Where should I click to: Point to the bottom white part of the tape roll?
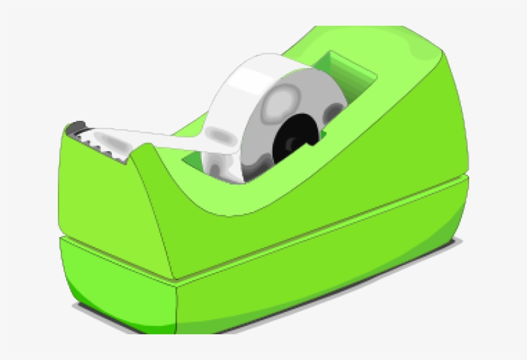click(225, 170)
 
